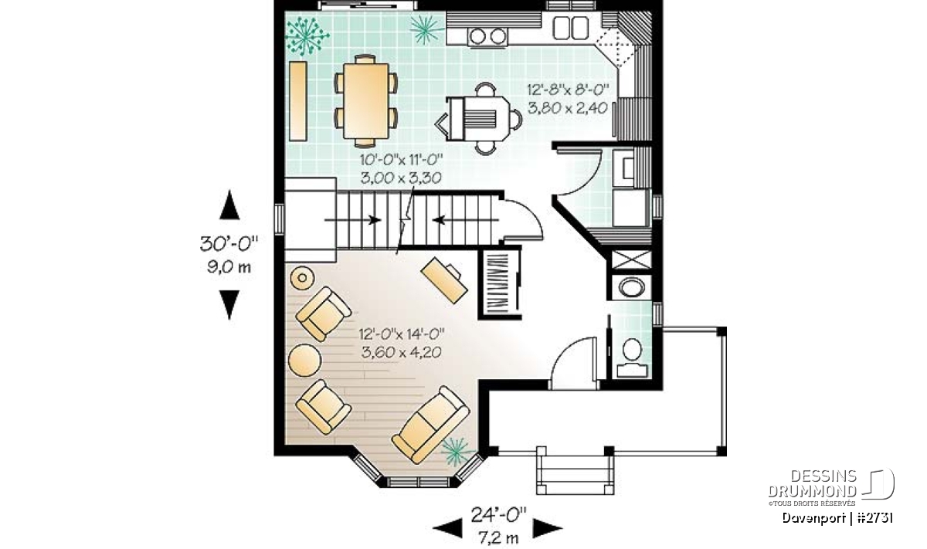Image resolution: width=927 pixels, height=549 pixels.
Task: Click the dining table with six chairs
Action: (366, 101)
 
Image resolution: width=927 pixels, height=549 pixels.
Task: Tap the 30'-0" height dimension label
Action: (229, 244)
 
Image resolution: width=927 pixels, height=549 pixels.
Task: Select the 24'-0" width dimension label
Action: (498, 516)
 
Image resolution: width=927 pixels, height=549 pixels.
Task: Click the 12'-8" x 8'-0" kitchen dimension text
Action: (569, 90)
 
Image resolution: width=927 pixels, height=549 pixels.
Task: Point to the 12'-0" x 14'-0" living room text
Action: (402, 334)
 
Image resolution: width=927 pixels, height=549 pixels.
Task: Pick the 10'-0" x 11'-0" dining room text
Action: (401, 160)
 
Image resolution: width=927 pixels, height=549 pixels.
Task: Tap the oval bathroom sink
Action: (632, 286)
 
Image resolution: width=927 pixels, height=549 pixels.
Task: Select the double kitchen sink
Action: (571, 28)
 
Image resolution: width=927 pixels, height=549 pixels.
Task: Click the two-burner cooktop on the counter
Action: (488, 36)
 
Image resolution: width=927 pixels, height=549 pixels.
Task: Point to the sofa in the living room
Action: (431, 425)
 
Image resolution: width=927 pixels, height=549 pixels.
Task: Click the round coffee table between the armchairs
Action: (304, 361)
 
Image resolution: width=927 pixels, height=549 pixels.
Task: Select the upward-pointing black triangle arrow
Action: (229, 205)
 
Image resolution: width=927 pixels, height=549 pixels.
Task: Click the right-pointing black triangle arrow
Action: (547, 528)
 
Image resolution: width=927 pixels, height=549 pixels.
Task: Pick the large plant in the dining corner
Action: (307, 36)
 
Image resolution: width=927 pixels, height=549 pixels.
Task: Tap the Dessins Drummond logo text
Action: (813, 483)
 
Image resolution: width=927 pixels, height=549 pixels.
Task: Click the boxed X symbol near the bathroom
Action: (631, 259)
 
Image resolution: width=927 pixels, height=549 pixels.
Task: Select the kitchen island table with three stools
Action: (478, 119)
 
